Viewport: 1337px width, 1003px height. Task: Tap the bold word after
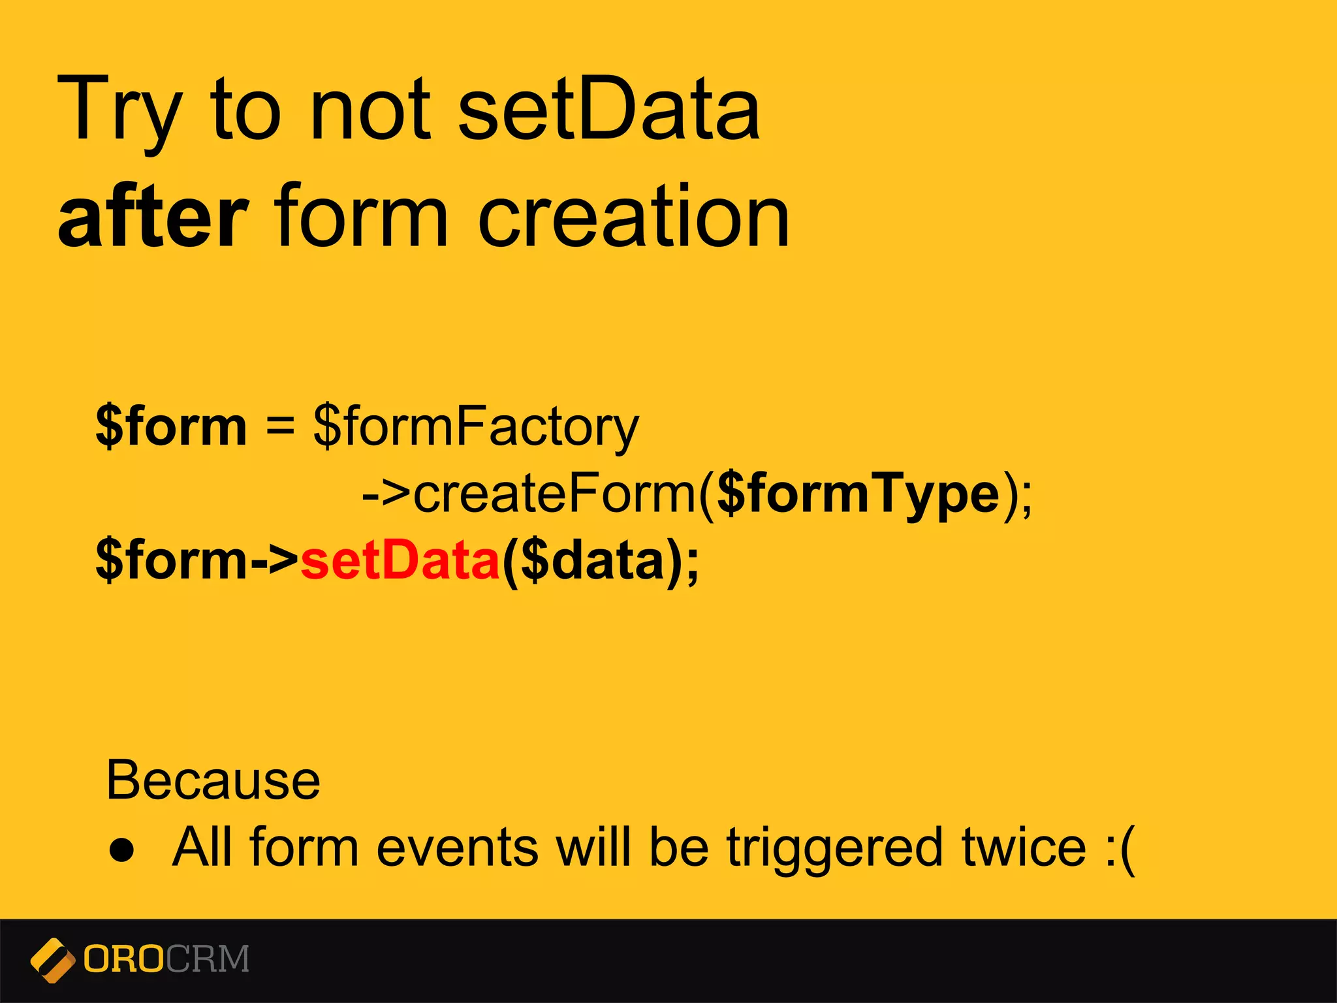[153, 217]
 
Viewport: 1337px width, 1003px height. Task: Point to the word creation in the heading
[633, 217]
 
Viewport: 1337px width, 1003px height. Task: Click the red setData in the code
[400, 560]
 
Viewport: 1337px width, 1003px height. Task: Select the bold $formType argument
[858, 494]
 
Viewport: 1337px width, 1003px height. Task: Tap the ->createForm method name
[529, 494]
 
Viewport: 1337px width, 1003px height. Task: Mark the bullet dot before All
[122, 850]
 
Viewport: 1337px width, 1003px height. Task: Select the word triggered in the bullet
[834, 848]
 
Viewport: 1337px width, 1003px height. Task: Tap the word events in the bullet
[457, 847]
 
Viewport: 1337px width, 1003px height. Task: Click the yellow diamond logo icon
[52, 960]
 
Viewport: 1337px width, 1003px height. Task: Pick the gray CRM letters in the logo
[207, 959]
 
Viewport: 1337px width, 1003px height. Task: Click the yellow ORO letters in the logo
[124, 959]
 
